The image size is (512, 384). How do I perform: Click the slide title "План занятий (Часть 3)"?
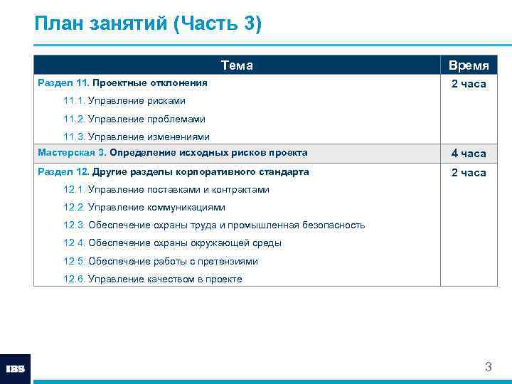tap(148, 23)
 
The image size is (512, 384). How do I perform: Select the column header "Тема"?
tap(237, 65)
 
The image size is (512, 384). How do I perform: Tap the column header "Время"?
tap(468, 65)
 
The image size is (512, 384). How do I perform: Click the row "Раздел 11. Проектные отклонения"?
tap(122, 83)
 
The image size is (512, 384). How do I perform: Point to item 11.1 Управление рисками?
tap(124, 101)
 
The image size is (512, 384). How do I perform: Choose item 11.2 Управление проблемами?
tap(134, 119)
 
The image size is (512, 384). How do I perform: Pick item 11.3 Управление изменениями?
tap(137, 137)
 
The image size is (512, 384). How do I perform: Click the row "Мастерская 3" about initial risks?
tap(173, 153)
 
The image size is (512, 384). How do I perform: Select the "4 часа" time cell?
tap(468, 154)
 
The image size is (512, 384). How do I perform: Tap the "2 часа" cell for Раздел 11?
tap(468, 84)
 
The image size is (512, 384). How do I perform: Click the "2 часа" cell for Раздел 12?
tap(468, 173)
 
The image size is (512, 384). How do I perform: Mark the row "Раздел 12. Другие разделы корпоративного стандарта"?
tap(173, 172)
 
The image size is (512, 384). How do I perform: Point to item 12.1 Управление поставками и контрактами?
tap(166, 190)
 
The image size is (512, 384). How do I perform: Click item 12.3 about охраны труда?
tap(214, 225)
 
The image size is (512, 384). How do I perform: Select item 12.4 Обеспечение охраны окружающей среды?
tap(172, 243)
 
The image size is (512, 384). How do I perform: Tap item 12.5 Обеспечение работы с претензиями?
tap(161, 261)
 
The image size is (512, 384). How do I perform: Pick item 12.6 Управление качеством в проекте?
tap(153, 279)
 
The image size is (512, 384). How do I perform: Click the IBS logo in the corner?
tap(15, 369)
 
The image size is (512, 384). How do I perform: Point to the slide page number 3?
tap(488, 368)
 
